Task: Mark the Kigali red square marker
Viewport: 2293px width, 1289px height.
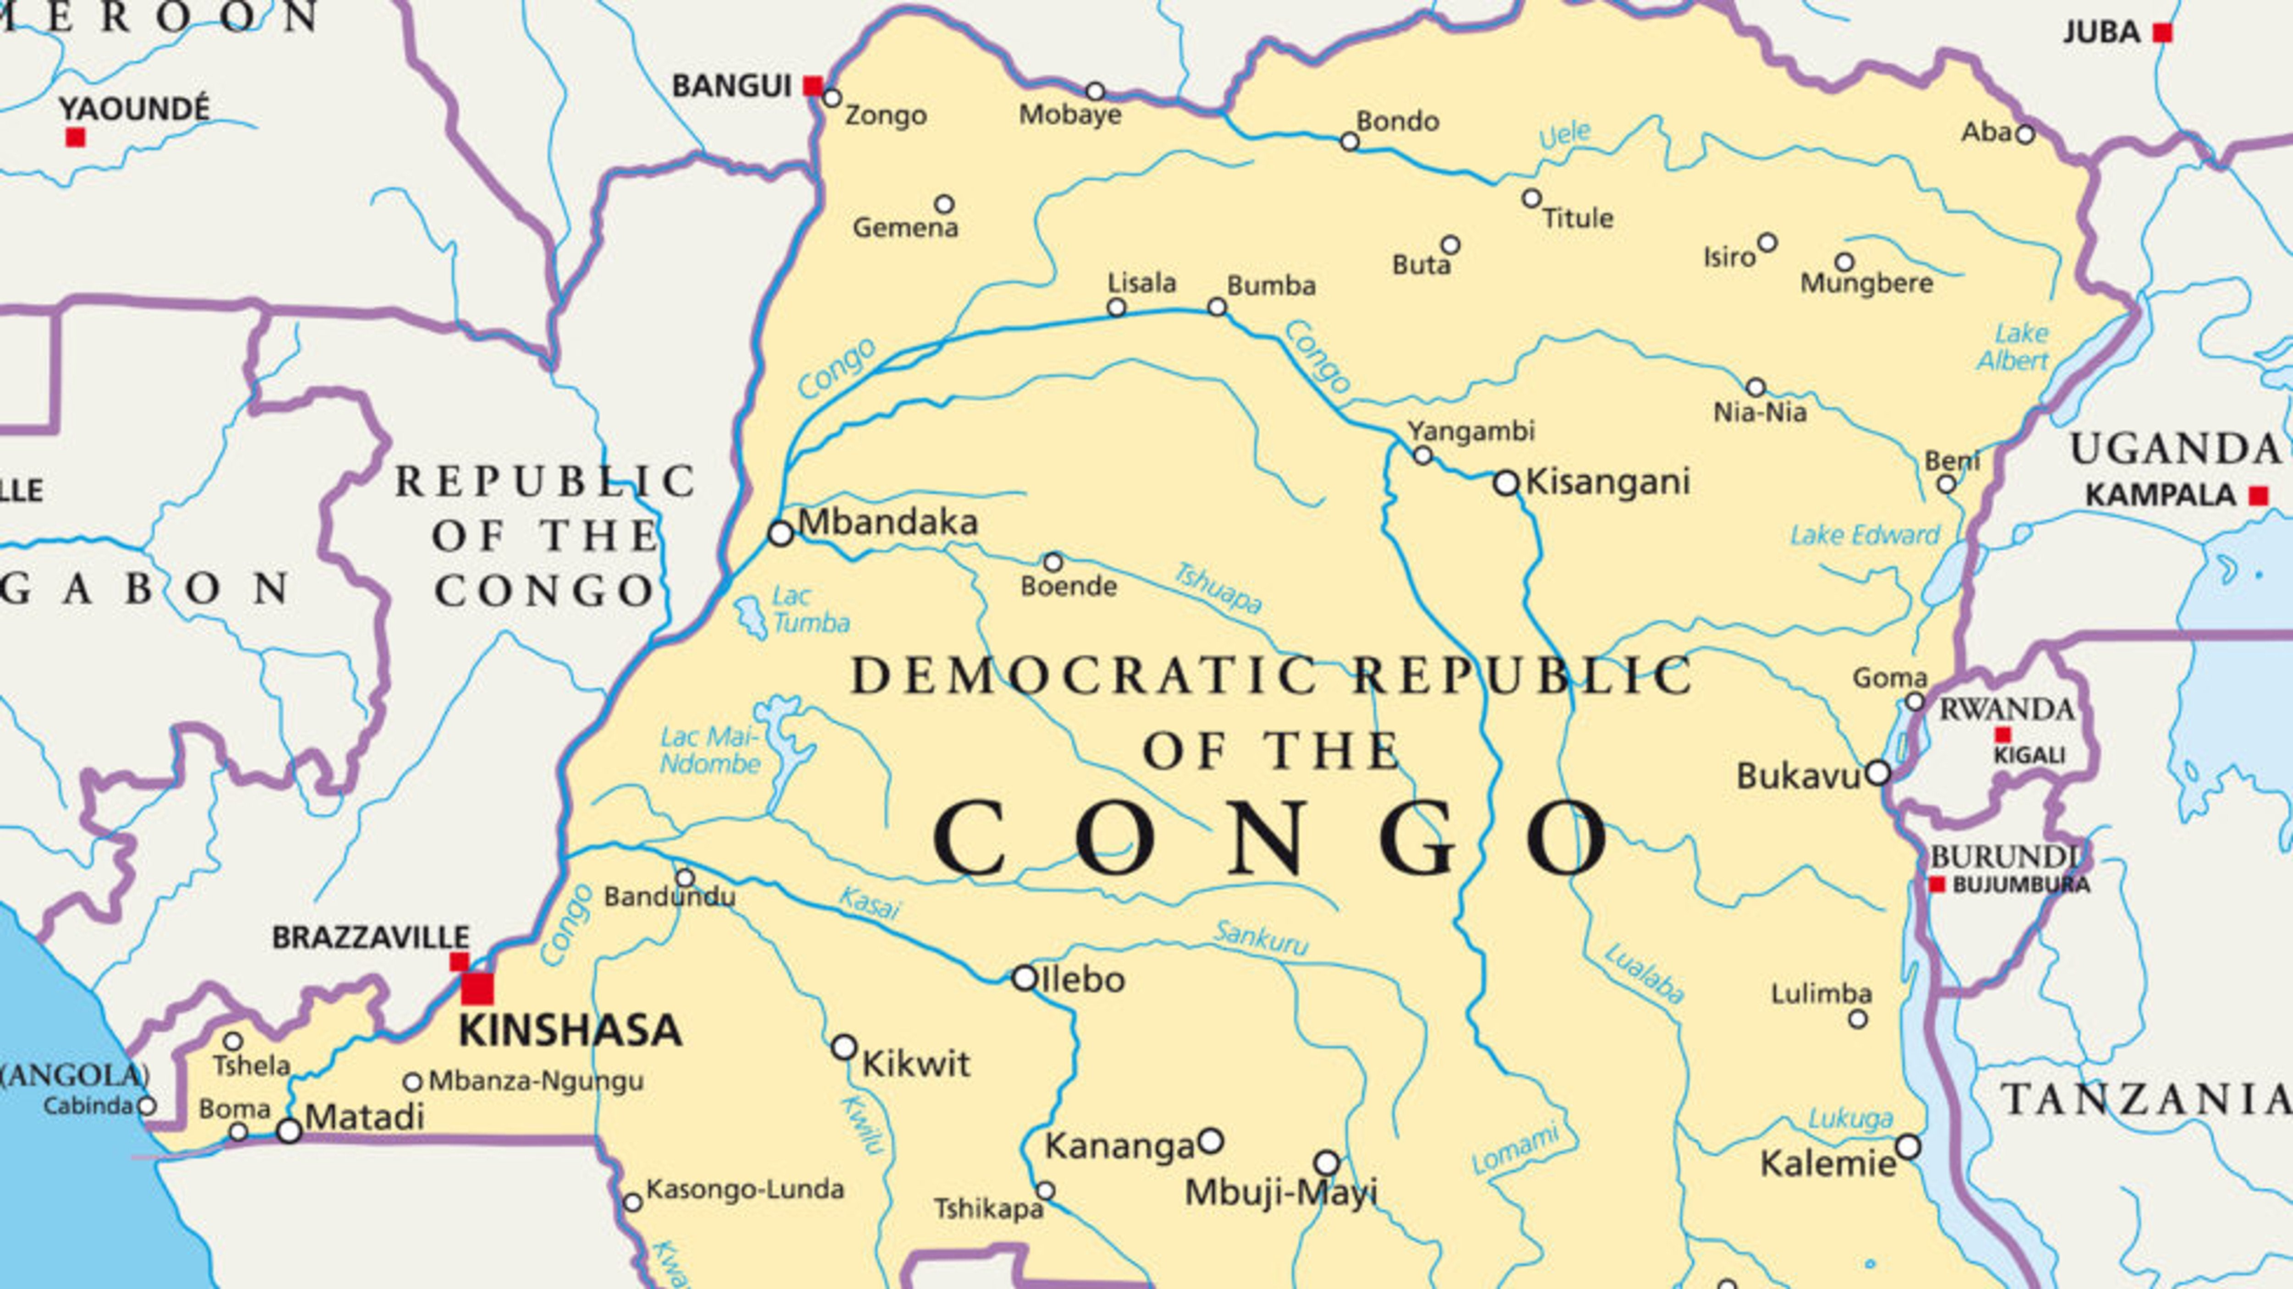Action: coord(2003,735)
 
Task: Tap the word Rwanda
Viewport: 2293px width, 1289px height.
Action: coord(2006,709)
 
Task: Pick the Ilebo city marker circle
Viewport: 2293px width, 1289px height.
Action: coord(1025,978)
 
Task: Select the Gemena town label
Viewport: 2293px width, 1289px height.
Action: coord(905,228)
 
